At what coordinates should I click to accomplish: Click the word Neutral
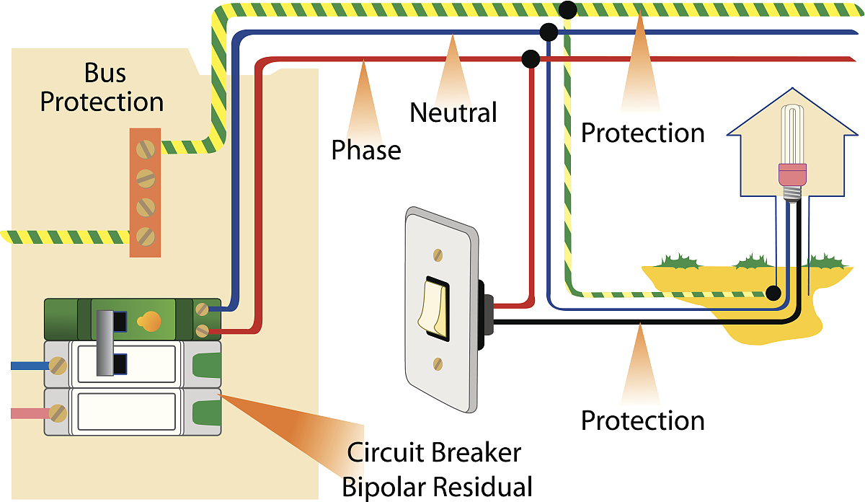[x=453, y=113]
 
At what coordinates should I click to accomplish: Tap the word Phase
[x=365, y=150]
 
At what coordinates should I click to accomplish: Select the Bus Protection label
[x=102, y=87]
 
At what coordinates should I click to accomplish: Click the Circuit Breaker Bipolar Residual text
[x=437, y=470]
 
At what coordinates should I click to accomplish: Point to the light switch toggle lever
[x=435, y=307]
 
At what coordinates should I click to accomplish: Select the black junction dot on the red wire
[x=531, y=58]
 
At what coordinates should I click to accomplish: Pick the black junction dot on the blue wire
[x=549, y=32]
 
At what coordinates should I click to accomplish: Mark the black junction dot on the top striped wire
[x=567, y=9]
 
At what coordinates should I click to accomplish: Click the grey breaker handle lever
[x=107, y=343]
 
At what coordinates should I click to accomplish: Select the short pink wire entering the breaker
[x=29, y=413]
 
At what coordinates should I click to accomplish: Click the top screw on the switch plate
[x=435, y=255]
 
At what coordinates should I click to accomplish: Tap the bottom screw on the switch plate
[x=435, y=362]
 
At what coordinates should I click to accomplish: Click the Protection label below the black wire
[x=642, y=420]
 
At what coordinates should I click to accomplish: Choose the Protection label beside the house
[x=642, y=133]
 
